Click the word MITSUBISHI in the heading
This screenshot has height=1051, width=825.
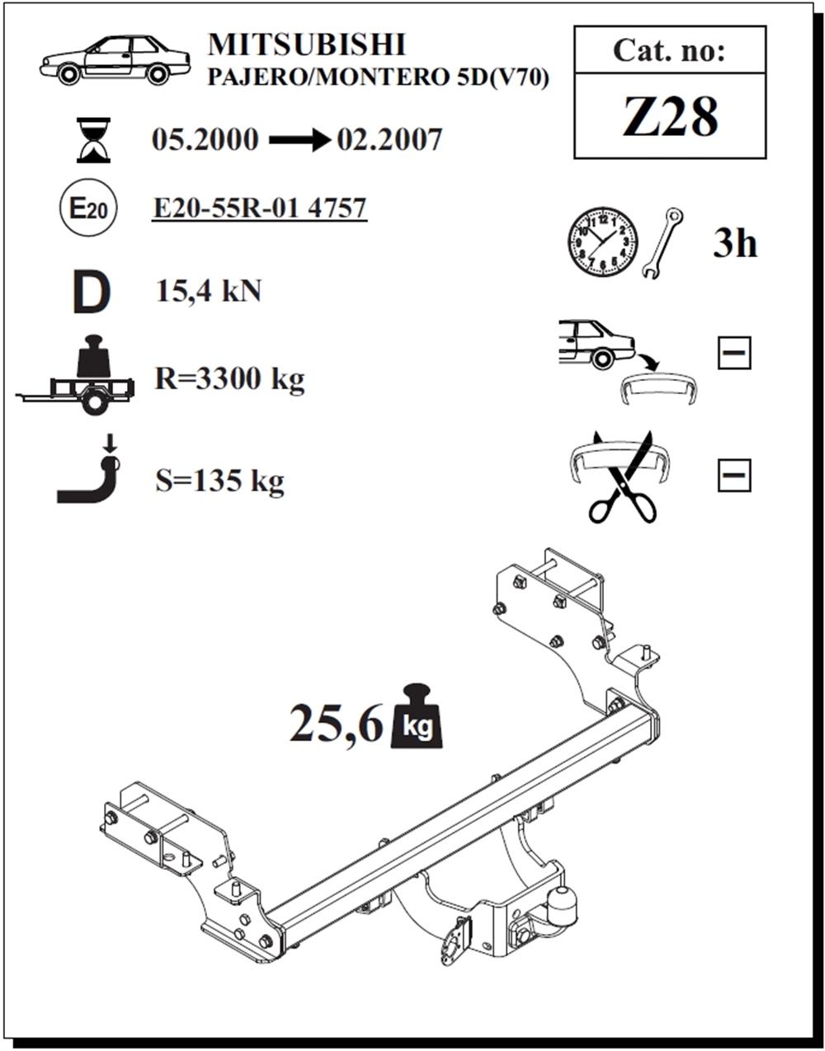(306, 45)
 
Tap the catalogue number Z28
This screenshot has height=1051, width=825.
(670, 116)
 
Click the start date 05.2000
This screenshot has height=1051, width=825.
(205, 140)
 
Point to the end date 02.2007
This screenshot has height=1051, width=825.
(389, 140)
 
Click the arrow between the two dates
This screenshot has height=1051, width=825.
(298, 141)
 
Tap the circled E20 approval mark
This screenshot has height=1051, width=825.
(87, 209)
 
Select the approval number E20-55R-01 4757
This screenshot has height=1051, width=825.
(260, 208)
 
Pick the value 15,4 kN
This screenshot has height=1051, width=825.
(209, 291)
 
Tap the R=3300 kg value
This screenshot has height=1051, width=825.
(230, 378)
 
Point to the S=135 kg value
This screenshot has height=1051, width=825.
(219, 481)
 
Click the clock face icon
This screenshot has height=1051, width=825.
(602, 242)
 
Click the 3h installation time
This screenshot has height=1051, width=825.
(734, 244)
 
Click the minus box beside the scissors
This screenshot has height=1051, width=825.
(733, 475)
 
